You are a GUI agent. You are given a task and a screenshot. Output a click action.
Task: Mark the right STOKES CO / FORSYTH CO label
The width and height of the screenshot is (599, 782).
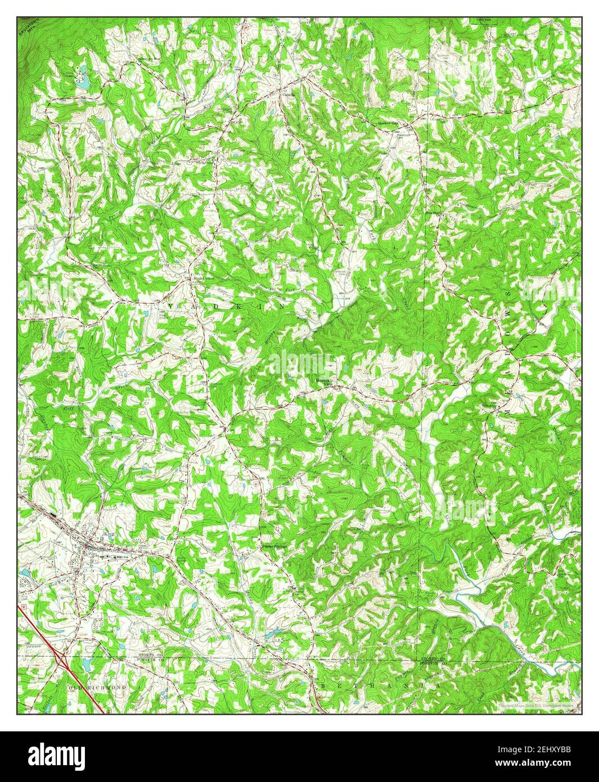click(x=434, y=660)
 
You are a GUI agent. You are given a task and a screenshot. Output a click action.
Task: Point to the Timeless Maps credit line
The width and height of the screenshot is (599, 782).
click(x=537, y=704)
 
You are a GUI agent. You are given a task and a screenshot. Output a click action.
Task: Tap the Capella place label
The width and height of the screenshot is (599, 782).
click(x=289, y=95)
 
